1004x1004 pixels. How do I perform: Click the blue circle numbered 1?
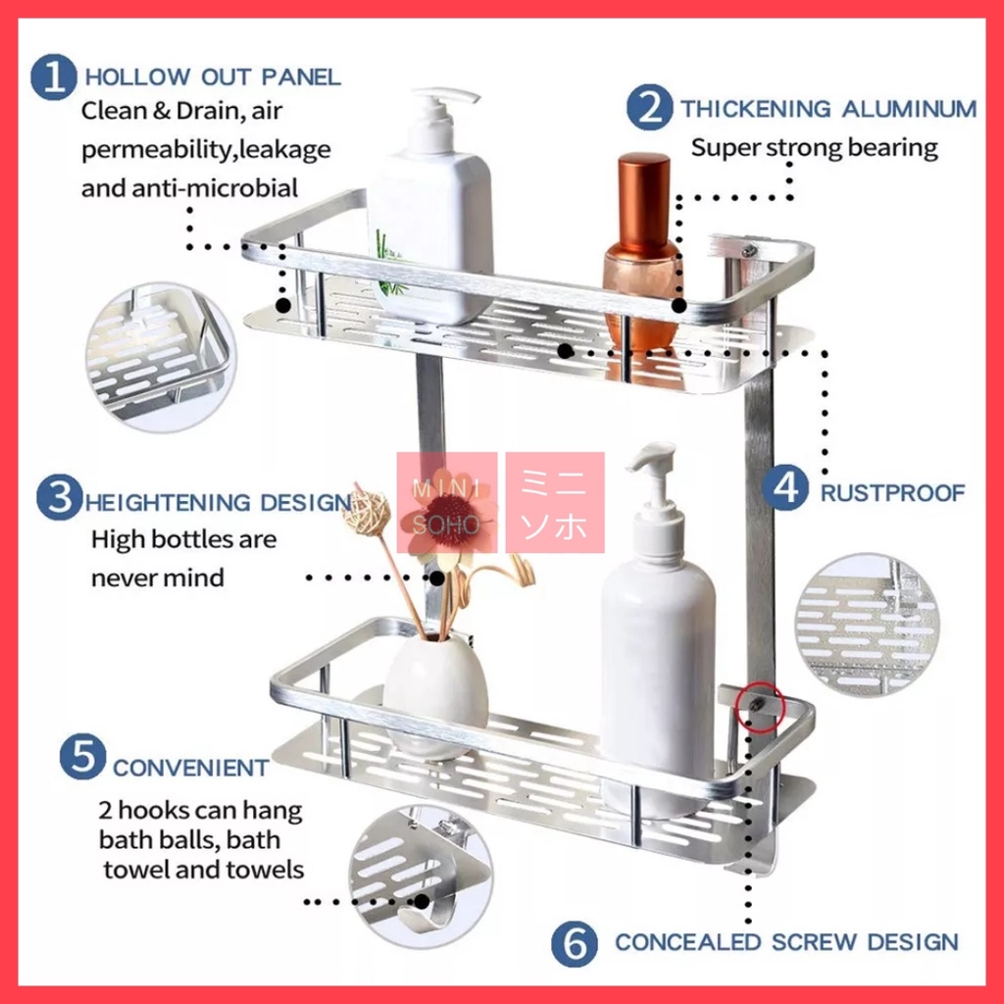click(x=53, y=76)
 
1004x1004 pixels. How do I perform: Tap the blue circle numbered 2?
click(x=649, y=108)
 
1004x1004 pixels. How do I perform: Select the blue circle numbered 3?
click(x=60, y=497)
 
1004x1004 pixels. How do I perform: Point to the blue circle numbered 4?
click(x=785, y=488)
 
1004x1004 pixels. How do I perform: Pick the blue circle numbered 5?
click(x=82, y=756)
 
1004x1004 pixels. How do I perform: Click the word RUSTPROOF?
click(x=892, y=493)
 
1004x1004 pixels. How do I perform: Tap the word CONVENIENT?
click(x=191, y=768)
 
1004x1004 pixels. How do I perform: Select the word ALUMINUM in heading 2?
click(x=909, y=109)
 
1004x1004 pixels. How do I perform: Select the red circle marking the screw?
click(x=760, y=708)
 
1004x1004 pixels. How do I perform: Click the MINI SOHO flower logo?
click(x=447, y=503)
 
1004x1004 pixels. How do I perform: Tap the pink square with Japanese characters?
click(x=555, y=503)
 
